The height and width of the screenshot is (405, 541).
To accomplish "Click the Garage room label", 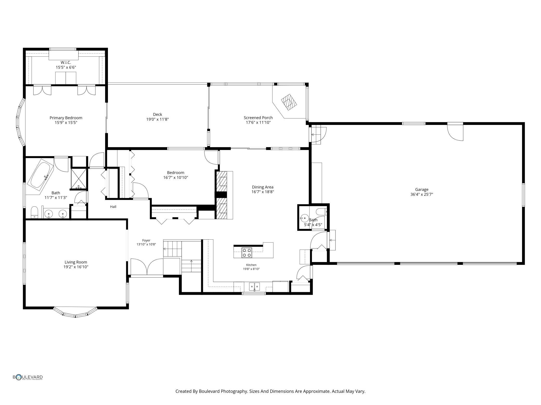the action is click(422, 190).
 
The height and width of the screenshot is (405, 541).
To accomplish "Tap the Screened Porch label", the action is click(258, 118).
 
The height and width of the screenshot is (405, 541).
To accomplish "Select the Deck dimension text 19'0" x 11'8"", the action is click(158, 119).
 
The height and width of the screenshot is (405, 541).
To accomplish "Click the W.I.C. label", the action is click(66, 62).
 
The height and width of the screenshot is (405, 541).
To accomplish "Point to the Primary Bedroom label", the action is click(66, 118).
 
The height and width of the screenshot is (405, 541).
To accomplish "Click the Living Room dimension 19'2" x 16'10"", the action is click(76, 267).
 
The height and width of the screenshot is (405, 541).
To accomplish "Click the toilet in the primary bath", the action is click(35, 213).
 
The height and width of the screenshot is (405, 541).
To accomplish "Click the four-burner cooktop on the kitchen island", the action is click(247, 253).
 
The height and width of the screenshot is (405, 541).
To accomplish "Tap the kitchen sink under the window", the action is click(254, 287).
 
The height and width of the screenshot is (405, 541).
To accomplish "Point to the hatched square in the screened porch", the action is click(289, 102).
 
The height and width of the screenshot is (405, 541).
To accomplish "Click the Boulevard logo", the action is click(28, 377).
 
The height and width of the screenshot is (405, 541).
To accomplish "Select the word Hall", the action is click(113, 207).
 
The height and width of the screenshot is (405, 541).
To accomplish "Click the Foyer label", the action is click(146, 240).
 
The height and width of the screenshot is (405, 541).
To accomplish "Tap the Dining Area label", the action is click(263, 187).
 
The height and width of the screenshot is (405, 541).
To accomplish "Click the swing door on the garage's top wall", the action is click(455, 132).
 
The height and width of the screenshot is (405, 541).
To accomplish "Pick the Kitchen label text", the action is click(251, 265).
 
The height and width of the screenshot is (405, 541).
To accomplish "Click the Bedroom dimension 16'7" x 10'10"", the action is click(176, 178).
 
